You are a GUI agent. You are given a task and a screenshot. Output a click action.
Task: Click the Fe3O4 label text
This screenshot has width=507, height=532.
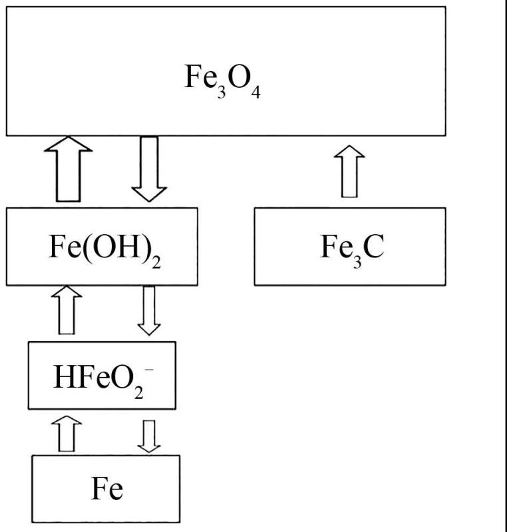click(222, 79)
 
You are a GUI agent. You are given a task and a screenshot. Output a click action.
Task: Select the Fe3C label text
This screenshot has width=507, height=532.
click(352, 247)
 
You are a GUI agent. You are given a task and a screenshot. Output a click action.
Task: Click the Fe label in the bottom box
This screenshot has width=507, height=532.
click(106, 490)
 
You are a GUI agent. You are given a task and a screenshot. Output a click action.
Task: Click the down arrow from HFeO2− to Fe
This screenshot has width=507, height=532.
click(148, 434)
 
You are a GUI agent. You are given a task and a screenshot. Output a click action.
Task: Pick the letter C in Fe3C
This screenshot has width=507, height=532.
click(373, 247)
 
